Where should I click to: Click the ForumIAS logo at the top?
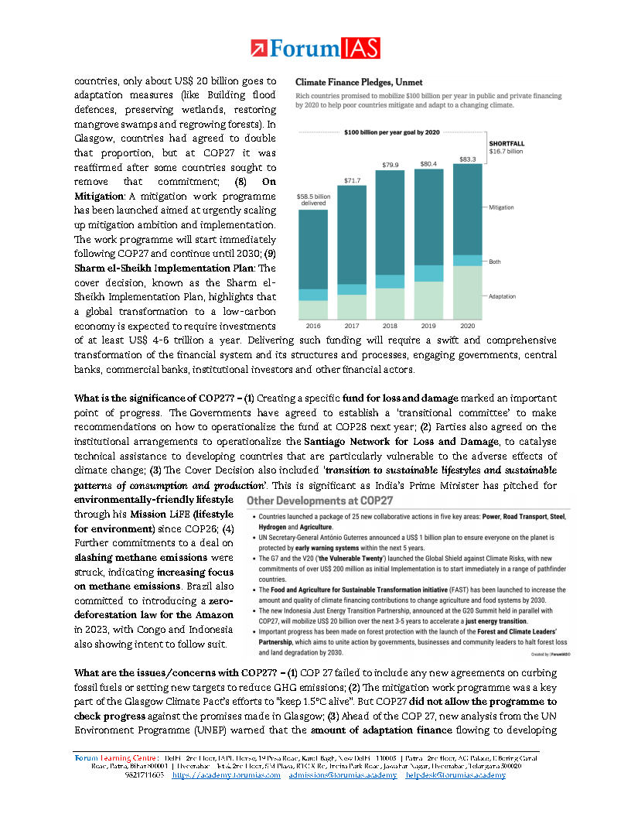[x=315, y=49]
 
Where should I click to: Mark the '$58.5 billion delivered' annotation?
[x=313, y=200]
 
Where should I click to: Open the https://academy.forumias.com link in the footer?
[x=226, y=775]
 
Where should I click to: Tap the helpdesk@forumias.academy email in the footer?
[x=455, y=775]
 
